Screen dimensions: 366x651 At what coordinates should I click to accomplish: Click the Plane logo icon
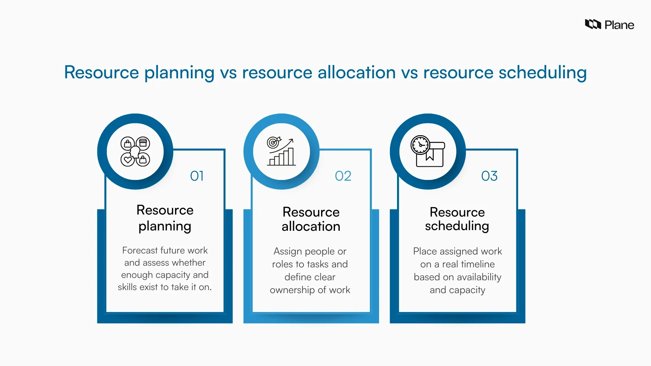(x=593, y=24)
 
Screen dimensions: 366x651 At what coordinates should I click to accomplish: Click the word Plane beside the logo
(x=619, y=25)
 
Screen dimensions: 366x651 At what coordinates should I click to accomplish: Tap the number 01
(x=197, y=176)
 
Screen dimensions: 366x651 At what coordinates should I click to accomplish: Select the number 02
(x=343, y=176)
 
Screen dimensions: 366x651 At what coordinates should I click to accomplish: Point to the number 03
(x=489, y=176)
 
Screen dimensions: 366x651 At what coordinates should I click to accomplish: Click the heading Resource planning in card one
(x=165, y=218)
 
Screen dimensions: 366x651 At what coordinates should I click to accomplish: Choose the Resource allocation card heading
(x=311, y=219)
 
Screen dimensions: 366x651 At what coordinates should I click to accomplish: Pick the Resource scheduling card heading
(x=457, y=219)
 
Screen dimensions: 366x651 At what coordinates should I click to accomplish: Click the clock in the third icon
(x=420, y=145)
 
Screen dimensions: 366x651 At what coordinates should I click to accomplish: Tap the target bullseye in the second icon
(x=273, y=143)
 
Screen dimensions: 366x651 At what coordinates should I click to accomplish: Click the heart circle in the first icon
(x=127, y=159)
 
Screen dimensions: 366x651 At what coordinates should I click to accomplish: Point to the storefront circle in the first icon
(x=143, y=143)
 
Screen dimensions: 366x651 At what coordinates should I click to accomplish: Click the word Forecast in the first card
(x=139, y=250)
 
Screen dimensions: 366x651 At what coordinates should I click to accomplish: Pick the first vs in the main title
(x=228, y=73)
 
